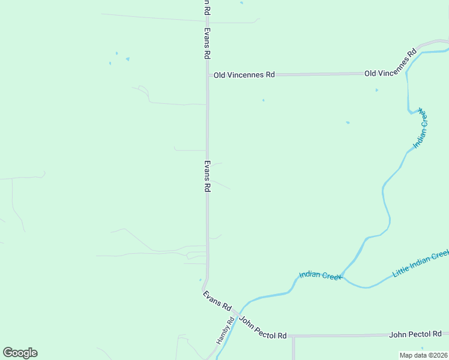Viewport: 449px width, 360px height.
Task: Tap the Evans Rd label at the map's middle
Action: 207,176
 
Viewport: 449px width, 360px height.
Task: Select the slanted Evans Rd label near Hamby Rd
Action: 217,301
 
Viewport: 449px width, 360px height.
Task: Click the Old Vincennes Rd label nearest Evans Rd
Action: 244,75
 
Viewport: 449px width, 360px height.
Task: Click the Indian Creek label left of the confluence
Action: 320,276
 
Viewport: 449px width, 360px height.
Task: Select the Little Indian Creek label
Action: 420,264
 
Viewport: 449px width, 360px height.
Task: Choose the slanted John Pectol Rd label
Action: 262,328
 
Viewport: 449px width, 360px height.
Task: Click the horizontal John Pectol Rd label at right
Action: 415,334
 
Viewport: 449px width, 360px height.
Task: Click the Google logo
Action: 20,353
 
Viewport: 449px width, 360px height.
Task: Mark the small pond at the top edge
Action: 241,2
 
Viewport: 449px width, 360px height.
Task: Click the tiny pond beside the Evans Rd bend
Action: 200,279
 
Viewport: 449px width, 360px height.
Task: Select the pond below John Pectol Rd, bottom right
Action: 423,348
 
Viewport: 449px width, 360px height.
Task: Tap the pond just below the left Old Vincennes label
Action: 263,100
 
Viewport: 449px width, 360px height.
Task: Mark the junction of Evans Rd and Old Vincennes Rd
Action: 208,76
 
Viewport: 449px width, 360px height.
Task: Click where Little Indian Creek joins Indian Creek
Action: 342,275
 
